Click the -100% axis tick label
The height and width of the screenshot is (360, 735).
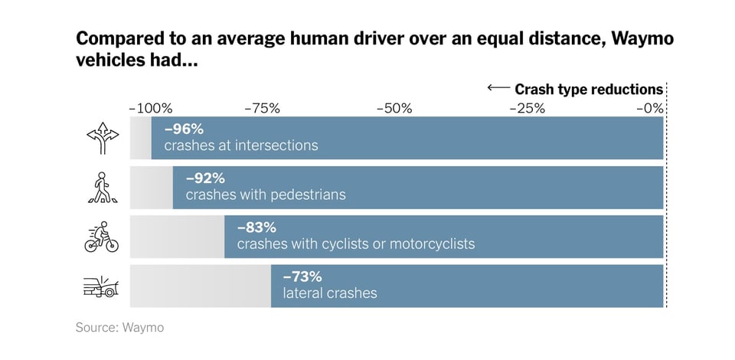click(x=151, y=108)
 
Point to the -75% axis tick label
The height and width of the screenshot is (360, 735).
click(x=263, y=108)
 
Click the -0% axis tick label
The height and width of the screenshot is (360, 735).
click(x=650, y=108)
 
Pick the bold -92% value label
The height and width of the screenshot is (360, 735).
click(x=205, y=178)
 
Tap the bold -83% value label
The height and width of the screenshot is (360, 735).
click(x=256, y=227)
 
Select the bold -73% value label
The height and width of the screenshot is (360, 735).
click(x=302, y=277)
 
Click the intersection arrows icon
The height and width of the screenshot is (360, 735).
click(x=103, y=138)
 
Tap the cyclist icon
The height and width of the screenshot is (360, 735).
click(x=102, y=237)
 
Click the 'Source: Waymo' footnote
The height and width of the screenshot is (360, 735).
click(x=119, y=328)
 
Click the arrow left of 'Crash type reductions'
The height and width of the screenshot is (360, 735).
click(x=498, y=88)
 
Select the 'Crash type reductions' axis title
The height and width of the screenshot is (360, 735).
click(x=589, y=89)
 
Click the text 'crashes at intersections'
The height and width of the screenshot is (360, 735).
click(x=241, y=146)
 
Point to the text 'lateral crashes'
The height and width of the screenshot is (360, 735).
click(x=330, y=293)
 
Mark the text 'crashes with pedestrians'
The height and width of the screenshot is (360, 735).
click(x=266, y=195)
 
